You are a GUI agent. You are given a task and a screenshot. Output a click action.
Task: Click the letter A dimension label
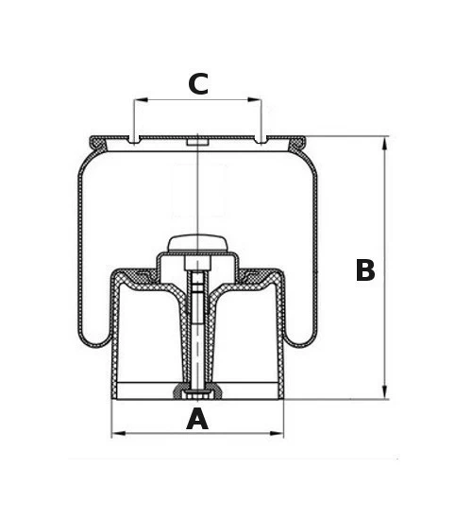point(197,419)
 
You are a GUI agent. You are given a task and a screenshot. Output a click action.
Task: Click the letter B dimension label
point(365,269)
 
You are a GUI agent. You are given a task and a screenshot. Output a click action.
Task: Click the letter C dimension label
point(198,83)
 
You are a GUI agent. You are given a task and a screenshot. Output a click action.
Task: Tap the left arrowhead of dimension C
point(141,99)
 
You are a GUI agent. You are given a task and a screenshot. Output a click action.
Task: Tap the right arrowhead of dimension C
point(254,99)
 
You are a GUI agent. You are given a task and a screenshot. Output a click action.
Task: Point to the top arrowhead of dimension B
point(384,144)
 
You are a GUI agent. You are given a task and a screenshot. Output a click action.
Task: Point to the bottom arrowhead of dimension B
point(384,392)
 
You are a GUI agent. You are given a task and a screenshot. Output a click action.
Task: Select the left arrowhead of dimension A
point(119,433)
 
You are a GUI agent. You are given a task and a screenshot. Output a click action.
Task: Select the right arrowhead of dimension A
point(277,433)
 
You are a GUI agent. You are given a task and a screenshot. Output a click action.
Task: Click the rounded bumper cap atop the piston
point(197,243)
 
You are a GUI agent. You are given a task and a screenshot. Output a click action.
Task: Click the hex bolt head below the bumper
point(197,264)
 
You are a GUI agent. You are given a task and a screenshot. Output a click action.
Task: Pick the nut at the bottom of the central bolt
point(197,394)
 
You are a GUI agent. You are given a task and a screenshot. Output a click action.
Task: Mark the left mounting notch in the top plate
point(133,140)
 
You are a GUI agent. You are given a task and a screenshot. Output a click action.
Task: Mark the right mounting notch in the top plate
point(261,140)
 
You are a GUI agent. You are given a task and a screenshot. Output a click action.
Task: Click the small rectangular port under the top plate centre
point(197,143)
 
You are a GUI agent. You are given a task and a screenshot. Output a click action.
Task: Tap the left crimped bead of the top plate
point(98,144)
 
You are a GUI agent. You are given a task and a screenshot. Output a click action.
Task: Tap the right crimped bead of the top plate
point(297,144)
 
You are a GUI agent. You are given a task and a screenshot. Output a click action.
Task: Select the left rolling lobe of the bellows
point(95,338)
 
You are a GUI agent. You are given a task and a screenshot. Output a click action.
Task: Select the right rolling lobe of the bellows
point(300,338)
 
